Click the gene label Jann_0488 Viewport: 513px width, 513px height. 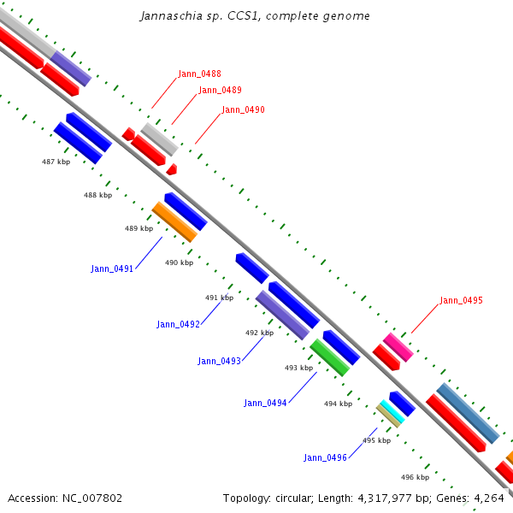click(x=199, y=74)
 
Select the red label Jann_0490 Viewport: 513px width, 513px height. click(x=243, y=109)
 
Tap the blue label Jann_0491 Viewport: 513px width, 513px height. click(x=112, y=268)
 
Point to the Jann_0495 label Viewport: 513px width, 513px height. click(x=461, y=300)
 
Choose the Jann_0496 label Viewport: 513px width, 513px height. click(x=325, y=457)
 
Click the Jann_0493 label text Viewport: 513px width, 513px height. click(x=219, y=361)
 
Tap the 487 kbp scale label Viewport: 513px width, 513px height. click(x=56, y=162)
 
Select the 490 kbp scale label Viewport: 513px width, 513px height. click(x=179, y=262)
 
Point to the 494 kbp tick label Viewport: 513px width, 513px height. click(x=338, y=404)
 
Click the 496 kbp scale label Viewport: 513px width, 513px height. click(x=415, y=477)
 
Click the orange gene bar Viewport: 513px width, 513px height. click(x=174, y=221)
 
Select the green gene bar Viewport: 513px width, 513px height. click(x=330, y=357)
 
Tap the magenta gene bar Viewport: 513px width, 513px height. click(x=398, y=347)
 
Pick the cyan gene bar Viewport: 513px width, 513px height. click(x=392, y=411)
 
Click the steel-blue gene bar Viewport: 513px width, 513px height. click(x=468, y=413)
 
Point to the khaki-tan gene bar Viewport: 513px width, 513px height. click(x=388, y=416)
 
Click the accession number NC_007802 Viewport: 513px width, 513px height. click(x=92, y=498)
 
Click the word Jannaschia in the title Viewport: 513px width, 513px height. click(x=171, y=16)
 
